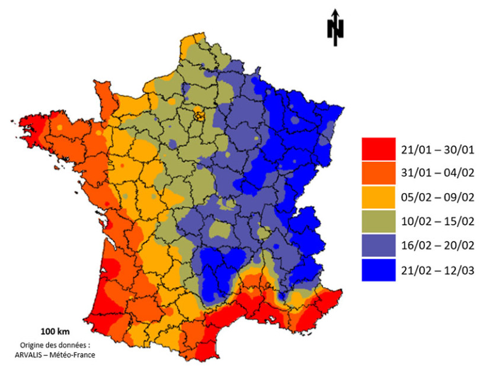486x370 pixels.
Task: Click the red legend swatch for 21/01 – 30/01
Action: click(x=378, y=149)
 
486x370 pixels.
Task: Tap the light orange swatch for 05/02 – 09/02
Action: click(x=378, y=197)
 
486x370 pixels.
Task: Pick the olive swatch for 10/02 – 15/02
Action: click(x=378, y=221)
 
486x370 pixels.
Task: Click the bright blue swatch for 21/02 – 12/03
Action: click(x=378, y=270)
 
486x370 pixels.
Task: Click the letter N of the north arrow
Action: click(x=335, y=30)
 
